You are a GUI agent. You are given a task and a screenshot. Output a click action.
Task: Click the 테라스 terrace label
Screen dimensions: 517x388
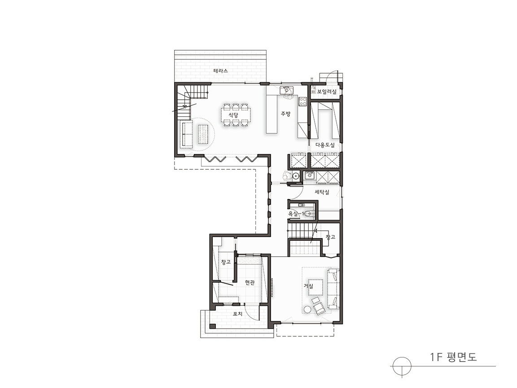pos(221,71)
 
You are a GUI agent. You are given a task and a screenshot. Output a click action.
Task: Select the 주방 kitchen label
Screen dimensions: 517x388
pos(285,114)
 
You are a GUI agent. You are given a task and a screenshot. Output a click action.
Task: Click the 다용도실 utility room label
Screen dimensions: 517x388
pos(325,145)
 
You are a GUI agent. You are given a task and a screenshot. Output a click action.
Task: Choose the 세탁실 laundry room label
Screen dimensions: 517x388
pos(322,192)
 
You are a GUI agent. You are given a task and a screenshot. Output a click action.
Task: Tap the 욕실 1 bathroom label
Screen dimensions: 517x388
pos(296,213)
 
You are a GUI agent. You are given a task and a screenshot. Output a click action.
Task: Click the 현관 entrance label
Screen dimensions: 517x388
pos(250,282)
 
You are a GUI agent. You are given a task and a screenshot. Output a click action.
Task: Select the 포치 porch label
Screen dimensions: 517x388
pos(237,314)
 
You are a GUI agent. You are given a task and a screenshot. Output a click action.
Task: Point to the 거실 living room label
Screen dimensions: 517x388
pos(309,286)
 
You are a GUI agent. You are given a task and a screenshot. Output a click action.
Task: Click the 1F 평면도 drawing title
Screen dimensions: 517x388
pos(453,357)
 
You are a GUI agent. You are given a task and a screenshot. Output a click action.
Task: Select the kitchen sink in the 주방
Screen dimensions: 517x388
pos(286,90)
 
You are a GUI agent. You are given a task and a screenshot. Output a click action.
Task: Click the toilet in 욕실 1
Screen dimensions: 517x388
pos(307,214)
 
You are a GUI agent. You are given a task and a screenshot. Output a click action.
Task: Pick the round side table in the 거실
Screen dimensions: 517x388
pos(307,309)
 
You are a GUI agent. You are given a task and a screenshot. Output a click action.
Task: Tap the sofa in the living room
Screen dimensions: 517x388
pos(333,289)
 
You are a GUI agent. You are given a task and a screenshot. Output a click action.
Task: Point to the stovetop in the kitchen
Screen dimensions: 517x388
pos(302,101)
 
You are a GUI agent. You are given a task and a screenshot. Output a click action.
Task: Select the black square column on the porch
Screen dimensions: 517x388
pos(213,326)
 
